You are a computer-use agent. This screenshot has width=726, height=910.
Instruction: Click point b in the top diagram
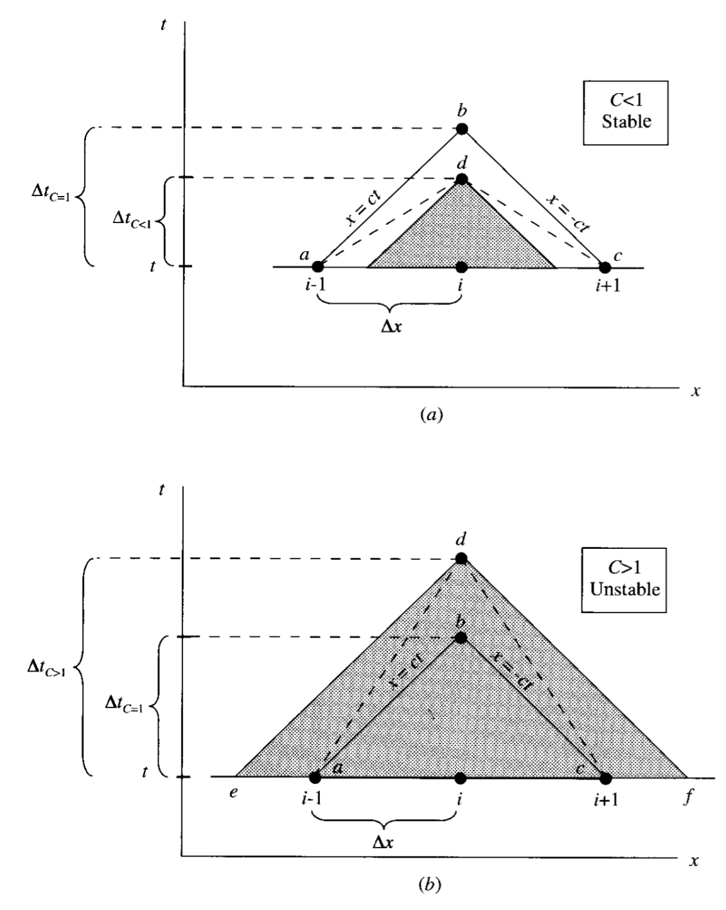point(462,129)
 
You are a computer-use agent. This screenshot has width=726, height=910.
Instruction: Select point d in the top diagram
point(462,179)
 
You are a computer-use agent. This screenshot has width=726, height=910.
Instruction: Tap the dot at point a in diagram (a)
point(317,266)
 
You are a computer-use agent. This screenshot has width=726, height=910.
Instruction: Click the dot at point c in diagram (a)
point(605,266)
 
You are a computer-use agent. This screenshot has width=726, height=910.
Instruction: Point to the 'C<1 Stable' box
point(626,112)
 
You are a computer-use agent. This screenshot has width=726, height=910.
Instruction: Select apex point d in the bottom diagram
point(461,558)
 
